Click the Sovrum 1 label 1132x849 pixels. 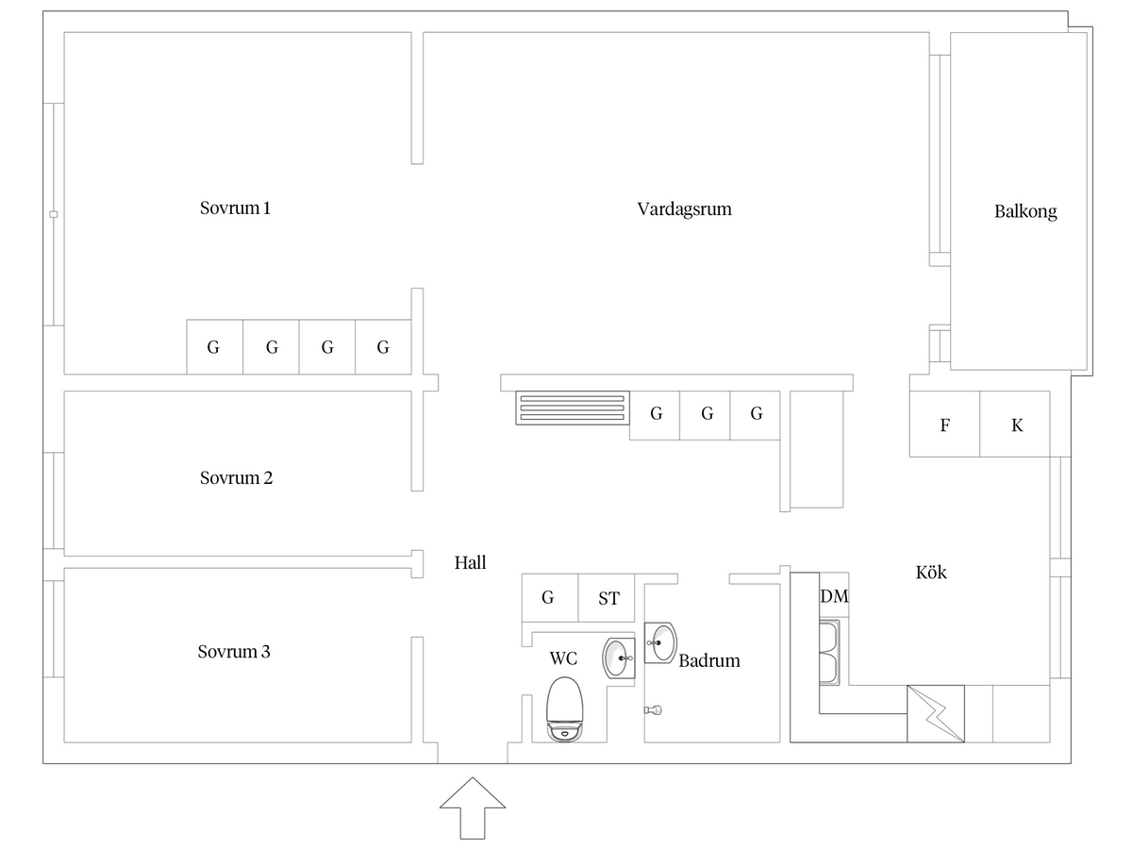click(x=235, y=208)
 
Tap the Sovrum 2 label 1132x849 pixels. click(x=236, y=478)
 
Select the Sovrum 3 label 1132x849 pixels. click(x=234, y=652)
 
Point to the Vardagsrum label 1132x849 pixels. click(x=684, y=209)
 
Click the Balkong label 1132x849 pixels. click(x=1025, y=211)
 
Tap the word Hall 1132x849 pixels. click(x=470, y=562)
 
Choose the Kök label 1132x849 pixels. click(x=931, y=573)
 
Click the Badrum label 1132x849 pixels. click(x=709, y=660)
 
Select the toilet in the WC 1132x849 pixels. click(x=565, y=709)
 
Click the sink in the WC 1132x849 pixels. click(x=618, y=658)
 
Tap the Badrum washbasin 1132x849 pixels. click(x=660, y=642)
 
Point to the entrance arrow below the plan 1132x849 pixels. click(x=473, y=807)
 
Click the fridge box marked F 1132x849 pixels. click(x=944, y=424)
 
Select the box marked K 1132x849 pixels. click(x=1015, y=424)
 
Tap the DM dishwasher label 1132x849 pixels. click(x=834, y=596)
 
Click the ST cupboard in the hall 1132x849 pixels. click(x=607, y=598)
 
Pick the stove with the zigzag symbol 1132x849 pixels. click(x=936, y=714)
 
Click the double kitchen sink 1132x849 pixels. click(x=829, y=653)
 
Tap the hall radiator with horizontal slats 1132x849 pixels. click(x=573, y=408)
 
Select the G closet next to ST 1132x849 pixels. click(x=550, y=598)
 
